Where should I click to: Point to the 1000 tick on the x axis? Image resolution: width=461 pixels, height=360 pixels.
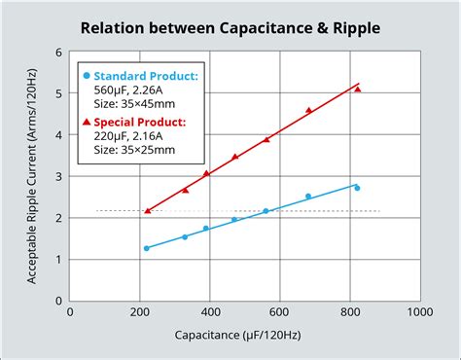coord(419,312)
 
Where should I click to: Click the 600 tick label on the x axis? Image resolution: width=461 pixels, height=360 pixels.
coord(280,312)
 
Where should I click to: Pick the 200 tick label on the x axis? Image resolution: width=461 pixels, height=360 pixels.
coord(140,312)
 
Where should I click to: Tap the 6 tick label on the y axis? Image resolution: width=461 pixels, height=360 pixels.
coord(59,53)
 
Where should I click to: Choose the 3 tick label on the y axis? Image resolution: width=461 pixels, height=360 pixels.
coord(59,176)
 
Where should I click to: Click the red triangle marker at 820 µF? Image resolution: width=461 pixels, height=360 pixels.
coord(358,89)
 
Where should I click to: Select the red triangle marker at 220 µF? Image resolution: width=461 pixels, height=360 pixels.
coord(147,210)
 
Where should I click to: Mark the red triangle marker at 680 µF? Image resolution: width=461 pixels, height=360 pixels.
coord(309,110)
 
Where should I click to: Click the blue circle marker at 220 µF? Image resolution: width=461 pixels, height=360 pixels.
coord(147,248)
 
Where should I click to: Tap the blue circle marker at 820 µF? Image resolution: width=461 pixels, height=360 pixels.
coord(357,188)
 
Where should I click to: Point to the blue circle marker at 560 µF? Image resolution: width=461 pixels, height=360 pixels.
coord(266,211)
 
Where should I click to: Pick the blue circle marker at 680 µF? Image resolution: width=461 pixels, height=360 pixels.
coord(308,197)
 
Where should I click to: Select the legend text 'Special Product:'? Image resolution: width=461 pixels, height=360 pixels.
coord(140,123)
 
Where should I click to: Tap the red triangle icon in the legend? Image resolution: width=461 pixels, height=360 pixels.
coord(88,123)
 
